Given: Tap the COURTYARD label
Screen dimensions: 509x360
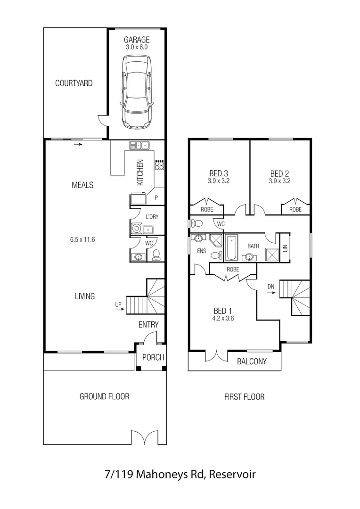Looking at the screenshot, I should point(74,83).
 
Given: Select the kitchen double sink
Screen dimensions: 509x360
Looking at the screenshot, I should point(139,145).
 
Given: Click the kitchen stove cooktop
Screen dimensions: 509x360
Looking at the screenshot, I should point(160,164).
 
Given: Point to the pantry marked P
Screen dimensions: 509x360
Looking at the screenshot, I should point(156,198).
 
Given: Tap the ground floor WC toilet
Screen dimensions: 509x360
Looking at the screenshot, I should point(156,255).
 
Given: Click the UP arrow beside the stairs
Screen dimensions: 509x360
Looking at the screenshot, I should point(120,309).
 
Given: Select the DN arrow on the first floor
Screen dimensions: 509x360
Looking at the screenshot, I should point(271,292).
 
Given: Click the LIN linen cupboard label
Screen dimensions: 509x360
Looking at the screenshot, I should point(285,247).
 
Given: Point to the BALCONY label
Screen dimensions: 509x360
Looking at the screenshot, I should point(252,361).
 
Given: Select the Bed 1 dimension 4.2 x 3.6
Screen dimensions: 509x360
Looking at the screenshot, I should point(223,318).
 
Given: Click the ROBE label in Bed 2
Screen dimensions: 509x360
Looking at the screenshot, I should point(295,209).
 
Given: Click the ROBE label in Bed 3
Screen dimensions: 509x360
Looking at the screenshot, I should point(207,209).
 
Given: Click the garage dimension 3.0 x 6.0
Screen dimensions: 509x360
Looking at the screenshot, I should point(137,47).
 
